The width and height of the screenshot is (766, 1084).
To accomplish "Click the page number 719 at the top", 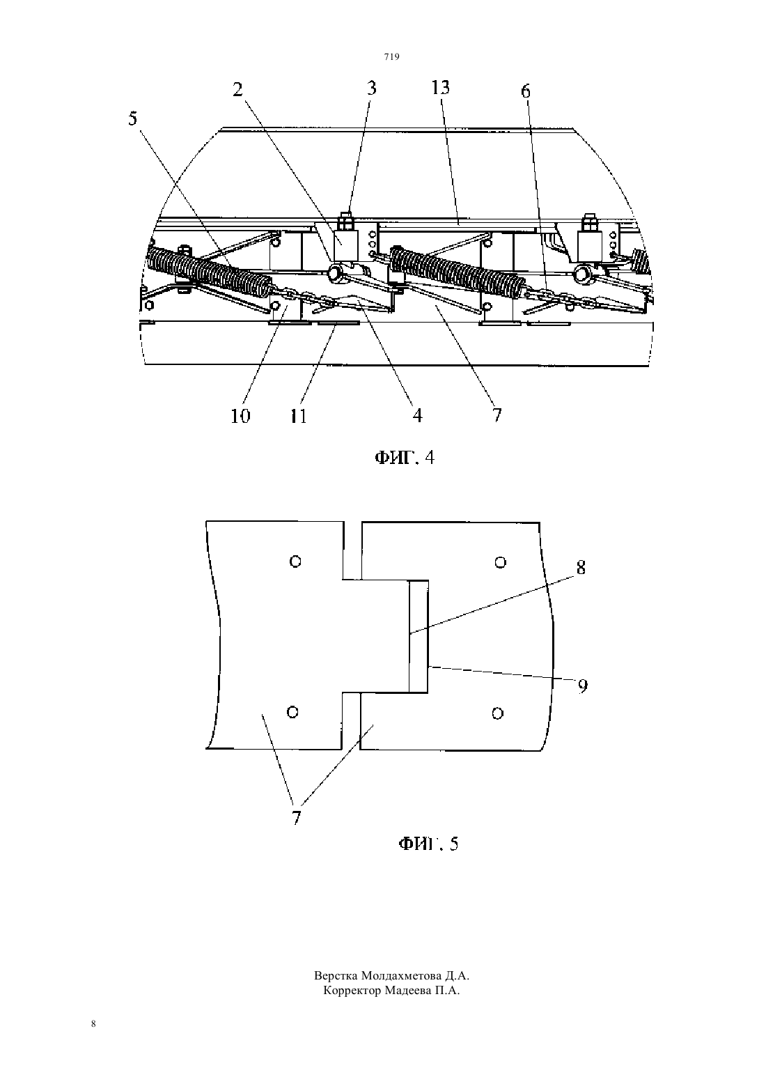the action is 391,56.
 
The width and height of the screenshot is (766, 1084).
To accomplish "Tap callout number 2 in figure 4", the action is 237,89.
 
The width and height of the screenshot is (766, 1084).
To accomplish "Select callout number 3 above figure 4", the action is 371,88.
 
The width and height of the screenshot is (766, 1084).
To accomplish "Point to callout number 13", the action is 441,88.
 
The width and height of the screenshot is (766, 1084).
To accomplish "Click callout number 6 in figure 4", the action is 526,91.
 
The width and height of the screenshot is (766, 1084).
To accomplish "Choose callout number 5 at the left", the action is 133,118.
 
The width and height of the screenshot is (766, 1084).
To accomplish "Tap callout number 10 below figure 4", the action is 240,416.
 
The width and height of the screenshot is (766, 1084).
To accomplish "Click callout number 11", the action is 298,416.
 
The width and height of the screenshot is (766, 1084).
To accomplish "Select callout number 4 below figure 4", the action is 417,415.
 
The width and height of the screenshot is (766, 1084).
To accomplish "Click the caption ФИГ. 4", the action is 405,457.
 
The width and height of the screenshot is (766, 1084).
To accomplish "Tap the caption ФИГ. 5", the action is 428,844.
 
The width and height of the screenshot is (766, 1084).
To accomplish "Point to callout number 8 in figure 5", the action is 581,567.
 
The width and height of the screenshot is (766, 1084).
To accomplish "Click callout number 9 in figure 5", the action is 583,686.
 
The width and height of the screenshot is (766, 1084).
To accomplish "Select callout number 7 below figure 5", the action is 297,817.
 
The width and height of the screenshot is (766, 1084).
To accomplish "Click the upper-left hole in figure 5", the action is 295,562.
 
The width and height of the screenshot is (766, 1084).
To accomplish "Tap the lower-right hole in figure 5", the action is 498,713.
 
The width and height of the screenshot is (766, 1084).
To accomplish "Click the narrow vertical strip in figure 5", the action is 419,636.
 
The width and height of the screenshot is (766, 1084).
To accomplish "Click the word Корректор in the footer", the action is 352,991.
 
